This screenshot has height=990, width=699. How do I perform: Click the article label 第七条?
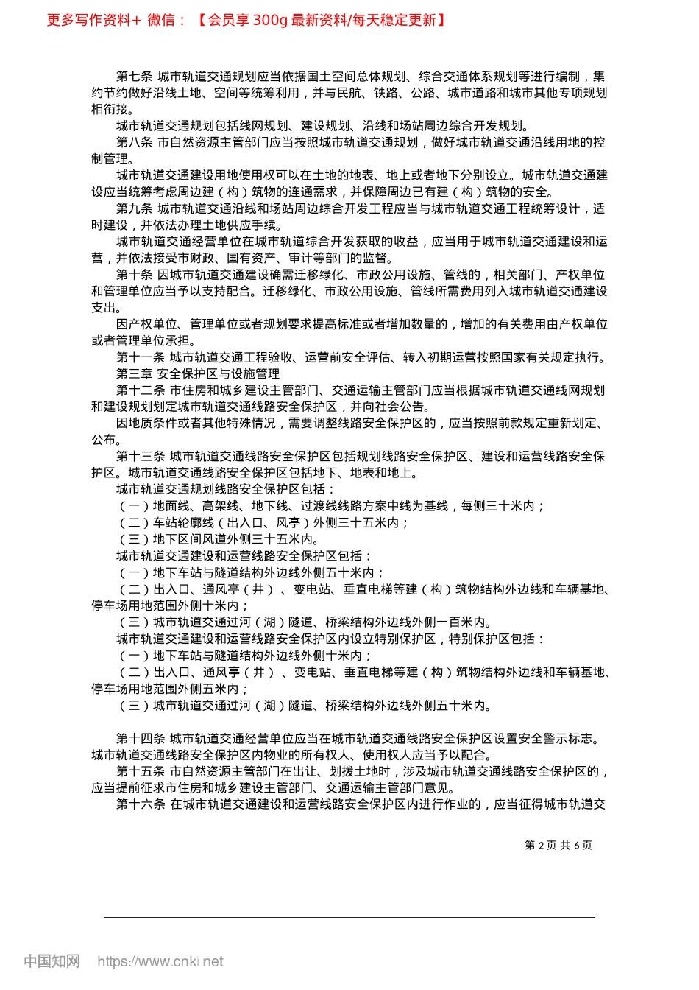[x=134, y=77]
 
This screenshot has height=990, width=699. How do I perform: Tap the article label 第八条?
[x=134, y=143]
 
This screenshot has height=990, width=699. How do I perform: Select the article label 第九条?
[x=134, y=209]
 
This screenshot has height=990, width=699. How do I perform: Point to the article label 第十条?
[x=134, y=275]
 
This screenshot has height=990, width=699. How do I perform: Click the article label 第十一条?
[x=141, y=358]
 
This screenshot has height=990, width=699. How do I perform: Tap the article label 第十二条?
[x=141, y=390]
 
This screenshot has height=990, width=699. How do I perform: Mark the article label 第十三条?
[x=141, y=457]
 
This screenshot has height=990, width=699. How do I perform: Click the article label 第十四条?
[x=141, y=739]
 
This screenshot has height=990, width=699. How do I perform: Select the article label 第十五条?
[x=141, y=772]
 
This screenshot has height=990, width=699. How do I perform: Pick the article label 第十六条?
[x=141, y=804]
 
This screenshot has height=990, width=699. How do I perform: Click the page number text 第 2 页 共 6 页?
[x=558, y=846]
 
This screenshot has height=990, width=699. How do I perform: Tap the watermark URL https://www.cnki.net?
[x=160, y=961]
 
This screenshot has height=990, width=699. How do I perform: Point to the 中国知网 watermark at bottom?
[x=52, y=961]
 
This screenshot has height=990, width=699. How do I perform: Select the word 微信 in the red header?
[x=161, y=20]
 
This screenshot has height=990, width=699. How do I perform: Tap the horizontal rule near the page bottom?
[x=349, y=917]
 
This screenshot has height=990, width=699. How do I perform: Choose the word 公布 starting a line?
[x=104, y=440]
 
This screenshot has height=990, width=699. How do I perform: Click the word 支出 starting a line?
[x=104, y=308]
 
